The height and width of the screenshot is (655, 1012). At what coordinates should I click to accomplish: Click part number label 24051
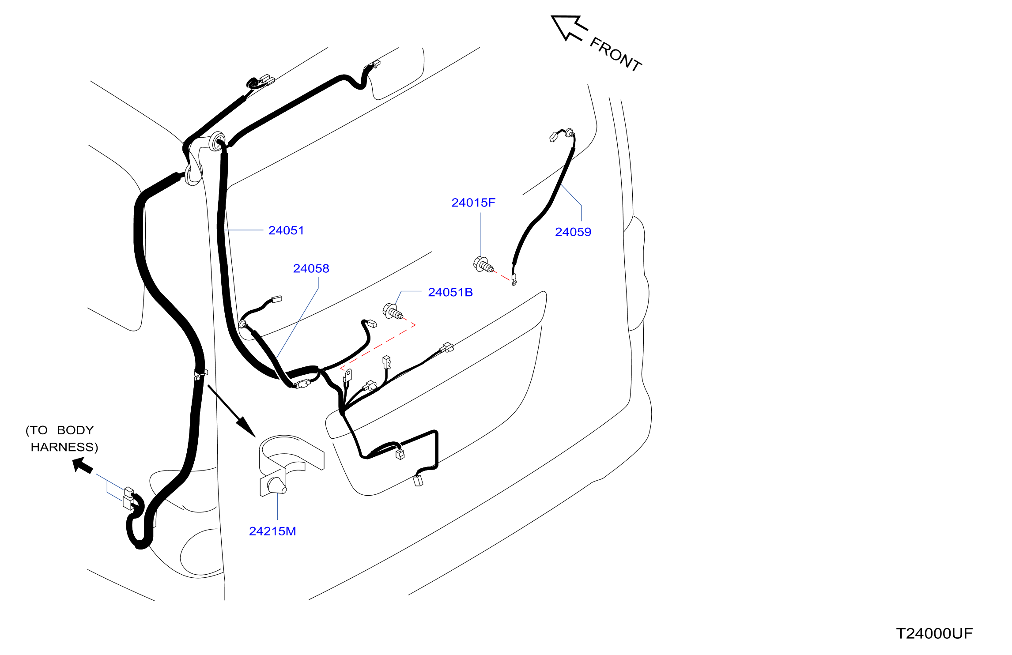click(286, 230)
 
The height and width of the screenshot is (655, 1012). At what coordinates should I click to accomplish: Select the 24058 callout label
click(311, 268)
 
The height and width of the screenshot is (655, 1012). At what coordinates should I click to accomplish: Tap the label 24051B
click(450, 292)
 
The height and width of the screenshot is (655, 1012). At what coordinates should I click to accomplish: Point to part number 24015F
click(473, 203)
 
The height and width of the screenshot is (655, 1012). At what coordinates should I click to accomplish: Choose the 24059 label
click(573, 232)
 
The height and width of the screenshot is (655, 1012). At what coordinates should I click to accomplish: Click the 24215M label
click(272, 531)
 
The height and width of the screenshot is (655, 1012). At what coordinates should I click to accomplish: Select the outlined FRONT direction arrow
click(569, 27)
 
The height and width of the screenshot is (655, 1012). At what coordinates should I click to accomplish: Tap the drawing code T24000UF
click(934, 634)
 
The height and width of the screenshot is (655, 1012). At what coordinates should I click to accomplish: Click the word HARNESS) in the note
click(64, 447)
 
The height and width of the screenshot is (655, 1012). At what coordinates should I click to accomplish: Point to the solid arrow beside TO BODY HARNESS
click(83, 465)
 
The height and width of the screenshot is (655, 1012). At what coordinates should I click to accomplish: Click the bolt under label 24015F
click(483, 265)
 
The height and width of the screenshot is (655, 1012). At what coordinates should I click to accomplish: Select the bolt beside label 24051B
click(393, 311)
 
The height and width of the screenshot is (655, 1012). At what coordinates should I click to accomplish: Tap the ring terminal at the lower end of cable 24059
click(514, 279)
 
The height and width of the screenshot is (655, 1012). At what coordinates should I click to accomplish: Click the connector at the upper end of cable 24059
click(554, 137)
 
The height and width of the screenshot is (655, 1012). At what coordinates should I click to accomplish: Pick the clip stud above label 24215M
click(277, 486)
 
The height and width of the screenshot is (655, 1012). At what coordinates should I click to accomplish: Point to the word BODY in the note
click(76, 430)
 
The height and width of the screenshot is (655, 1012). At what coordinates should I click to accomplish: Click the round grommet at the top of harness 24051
click(217, 142)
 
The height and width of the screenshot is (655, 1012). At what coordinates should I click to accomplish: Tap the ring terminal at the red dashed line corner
click(348, 376)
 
